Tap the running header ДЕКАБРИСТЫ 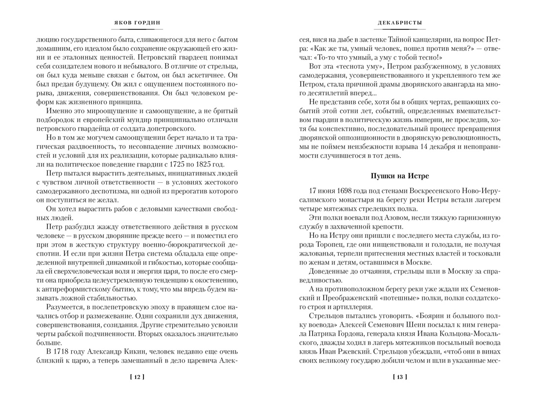400,23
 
